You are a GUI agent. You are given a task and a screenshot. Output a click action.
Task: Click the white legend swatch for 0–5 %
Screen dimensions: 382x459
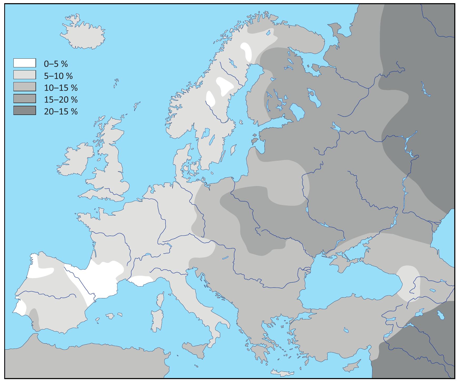point(24,63)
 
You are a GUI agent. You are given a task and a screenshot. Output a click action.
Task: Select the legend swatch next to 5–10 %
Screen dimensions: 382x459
point(24,75)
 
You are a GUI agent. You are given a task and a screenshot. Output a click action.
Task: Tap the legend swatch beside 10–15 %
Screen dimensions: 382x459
point(24,87)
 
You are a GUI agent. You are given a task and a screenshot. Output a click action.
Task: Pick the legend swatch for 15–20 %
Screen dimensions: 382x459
point(24,98)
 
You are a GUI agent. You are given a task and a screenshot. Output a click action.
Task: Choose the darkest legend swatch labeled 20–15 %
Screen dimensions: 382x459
point(24,110)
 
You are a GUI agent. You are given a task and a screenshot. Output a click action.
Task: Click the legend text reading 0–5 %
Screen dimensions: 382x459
point(56,63)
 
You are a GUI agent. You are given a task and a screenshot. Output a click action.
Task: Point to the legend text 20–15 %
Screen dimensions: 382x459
point(61,111)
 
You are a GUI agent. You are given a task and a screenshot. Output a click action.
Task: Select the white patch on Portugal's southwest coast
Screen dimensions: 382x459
point(20,308)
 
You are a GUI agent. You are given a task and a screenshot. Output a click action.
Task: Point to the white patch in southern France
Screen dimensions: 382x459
point(141,280)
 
